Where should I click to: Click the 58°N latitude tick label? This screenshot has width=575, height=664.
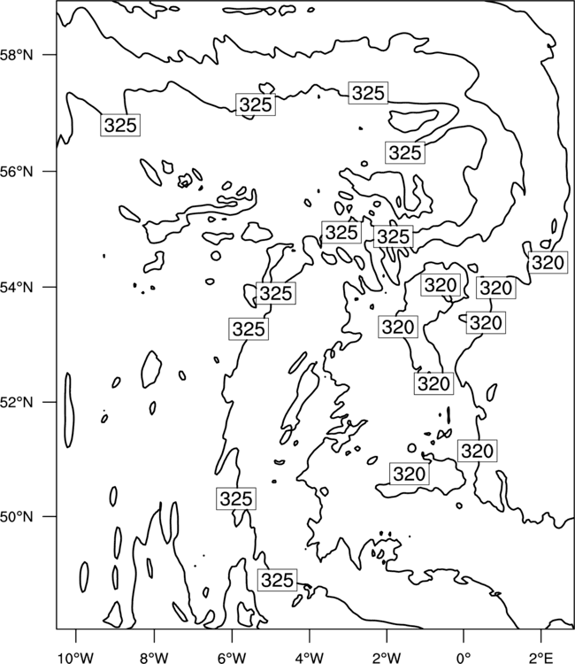point(16,55)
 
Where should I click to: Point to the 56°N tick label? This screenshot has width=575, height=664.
point(16,172)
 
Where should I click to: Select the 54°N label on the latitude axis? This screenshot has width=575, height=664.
point(16,287)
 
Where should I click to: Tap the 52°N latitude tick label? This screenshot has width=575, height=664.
point(16,402)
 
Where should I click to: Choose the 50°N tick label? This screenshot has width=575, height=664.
point(16,517)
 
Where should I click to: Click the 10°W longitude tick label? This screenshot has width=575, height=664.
point(76,657)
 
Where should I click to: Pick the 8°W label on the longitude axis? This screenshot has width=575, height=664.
point(154,657)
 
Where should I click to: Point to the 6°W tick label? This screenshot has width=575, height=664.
point(232,657)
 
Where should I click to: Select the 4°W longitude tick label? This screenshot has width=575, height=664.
point(310,657)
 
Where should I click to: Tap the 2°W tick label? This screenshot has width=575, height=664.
point(387,657)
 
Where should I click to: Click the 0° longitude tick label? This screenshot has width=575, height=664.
point(464,657)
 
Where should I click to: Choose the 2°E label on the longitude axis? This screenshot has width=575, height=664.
point(541,657)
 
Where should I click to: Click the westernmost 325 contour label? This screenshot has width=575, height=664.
point(120,125)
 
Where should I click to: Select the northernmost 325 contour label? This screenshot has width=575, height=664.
point(368,93)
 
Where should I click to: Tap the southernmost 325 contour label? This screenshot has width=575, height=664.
point(277,580)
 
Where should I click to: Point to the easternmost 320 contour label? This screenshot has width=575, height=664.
point(548,263)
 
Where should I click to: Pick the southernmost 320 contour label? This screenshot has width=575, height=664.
point(410,475)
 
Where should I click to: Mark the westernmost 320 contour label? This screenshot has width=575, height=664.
point(398,327)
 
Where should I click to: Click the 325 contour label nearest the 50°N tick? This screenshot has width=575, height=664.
point(236,498)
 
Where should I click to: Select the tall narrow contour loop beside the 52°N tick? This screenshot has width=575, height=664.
point(69,410)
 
